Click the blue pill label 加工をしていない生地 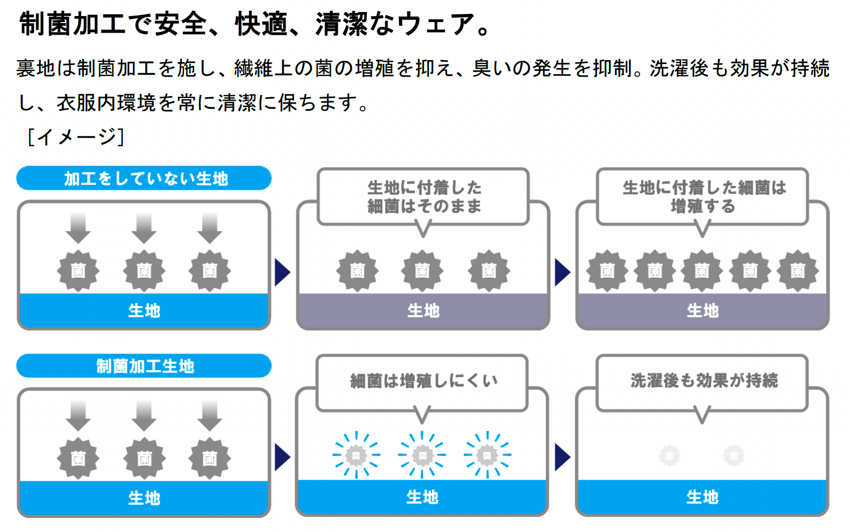[x=144, y=178]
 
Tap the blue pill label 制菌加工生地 [x=144, y=366]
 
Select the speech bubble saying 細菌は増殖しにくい [x=422, y=381]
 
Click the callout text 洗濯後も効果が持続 [x=703, y=381]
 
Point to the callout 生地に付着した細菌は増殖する [x=703, y=197]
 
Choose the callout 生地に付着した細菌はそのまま [x=423, y=197]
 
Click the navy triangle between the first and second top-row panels [x=283, y=273]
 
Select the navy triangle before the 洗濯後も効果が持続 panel [x=562, y=457]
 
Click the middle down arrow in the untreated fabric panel [x=144, y=228]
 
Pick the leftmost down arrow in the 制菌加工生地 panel [x=78, y=416]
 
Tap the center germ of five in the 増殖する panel [x=702, y=271]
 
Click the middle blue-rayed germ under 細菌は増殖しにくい [x=422, y=455]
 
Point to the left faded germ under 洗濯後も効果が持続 [x=670, y=456]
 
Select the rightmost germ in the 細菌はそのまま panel [x=489, y=271]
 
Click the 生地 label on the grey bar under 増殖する [x=703, y=311]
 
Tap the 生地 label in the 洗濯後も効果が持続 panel [x=702, y=497]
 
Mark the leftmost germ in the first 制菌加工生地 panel [x=78, y=458]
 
